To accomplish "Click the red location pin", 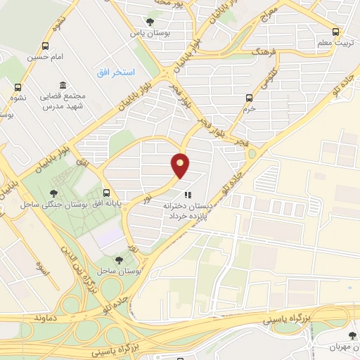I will (181, 165).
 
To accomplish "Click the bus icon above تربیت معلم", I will (335, 32).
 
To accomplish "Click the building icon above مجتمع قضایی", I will (63, 84).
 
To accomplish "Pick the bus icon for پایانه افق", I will (106, 191).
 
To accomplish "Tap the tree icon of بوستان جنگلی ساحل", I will (53, 193).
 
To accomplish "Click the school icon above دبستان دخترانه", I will (187, 195).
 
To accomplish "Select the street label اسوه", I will (40, 268).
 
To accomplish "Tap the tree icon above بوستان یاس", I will (149, 22).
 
